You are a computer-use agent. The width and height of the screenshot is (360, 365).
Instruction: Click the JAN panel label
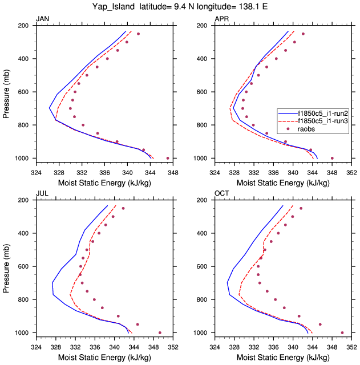click(x=43, y=19)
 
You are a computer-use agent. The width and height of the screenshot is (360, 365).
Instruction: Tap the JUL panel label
click(x=42, y=194)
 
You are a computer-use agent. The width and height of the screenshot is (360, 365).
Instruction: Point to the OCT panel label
click(x=221, y=194)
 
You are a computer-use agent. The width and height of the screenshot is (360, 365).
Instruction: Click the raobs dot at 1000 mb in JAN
click(x=167, y=158)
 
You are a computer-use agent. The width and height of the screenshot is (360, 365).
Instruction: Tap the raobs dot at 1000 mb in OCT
click(x=342, y=332)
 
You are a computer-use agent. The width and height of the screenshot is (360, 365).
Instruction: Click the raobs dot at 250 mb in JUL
click(x=123, y=208)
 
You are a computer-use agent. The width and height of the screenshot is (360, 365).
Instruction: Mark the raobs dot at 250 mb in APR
click(x=303, y=34)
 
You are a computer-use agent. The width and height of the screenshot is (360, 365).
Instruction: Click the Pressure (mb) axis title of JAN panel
click(x=7, y=92)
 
